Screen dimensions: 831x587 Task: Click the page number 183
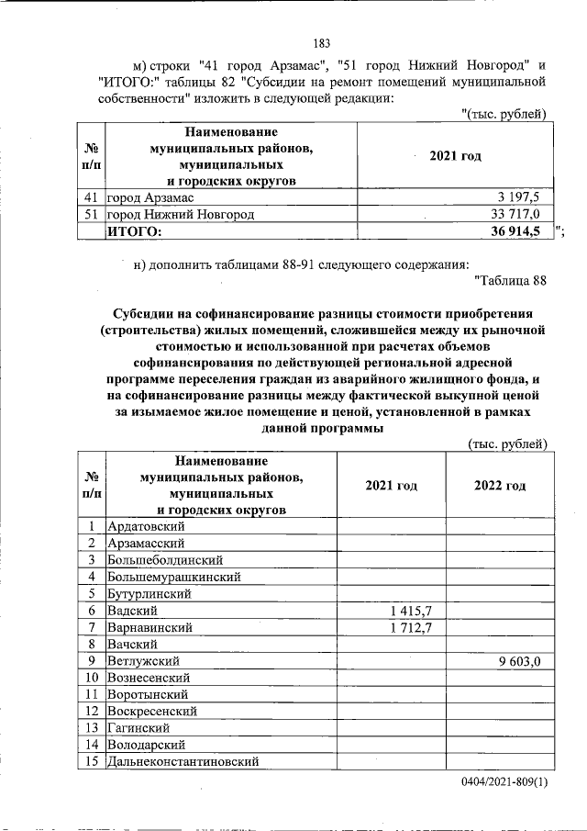pos(321,43)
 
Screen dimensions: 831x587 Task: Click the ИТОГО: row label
pos(134,231)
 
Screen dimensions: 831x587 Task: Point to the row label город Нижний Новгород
pos(180,214)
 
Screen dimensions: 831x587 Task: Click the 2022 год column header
pos(500,485)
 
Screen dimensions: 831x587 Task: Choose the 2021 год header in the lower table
pos(392,485)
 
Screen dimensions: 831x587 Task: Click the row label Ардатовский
pos(147,526)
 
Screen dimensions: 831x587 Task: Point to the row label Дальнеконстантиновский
pos(183,761)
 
